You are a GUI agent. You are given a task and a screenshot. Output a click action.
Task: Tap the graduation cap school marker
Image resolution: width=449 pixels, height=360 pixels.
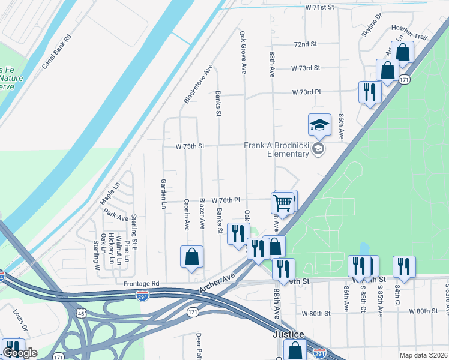pyautogui.click(x=319, y=125)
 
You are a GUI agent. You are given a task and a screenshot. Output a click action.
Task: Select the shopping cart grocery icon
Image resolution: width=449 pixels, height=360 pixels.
pyautogui.click(x=282, y=203)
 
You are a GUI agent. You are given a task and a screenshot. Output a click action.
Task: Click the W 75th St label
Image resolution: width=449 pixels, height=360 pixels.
pyautogui.click(x=190, y=146)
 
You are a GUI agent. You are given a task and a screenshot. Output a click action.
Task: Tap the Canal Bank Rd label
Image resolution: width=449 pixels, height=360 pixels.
pyautogui.click(x=56, y=51)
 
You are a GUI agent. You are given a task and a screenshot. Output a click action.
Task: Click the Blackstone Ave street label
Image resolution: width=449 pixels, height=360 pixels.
pyautogui.click(x=199, y=84)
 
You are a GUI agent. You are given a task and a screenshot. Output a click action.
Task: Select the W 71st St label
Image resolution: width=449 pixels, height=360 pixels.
pyautogui.click(x=319, y=8)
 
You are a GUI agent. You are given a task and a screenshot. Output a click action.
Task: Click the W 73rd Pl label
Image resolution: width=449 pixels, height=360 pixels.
pyautogui.click(x=306, y=92)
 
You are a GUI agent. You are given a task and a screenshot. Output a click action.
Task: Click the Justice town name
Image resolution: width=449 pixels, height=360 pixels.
pyautogui.click(x=289, y=334)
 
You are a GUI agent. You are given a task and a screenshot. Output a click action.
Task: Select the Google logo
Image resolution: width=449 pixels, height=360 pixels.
pyautogui.click(x=20, y=352)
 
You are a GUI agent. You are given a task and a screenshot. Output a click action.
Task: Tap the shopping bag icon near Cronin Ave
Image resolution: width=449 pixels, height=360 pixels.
pyautogui.click(x=191, y=257)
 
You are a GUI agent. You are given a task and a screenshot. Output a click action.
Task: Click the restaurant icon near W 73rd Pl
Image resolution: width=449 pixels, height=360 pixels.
pyautogui.click(x=369, y=92)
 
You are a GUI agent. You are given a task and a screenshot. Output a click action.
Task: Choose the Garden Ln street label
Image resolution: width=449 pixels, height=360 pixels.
pyautogui.click(x=163, y=193)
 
